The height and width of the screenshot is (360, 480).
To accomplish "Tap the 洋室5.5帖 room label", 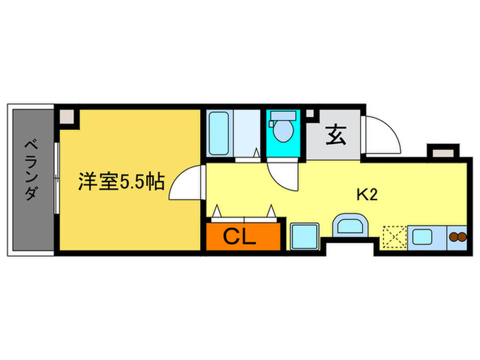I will coord(120,182).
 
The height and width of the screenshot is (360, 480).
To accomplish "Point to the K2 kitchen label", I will coord(368,195).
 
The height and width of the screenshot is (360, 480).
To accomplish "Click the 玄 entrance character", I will coord(334,135).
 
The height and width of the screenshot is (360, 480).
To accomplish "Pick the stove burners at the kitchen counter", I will coord(457,237).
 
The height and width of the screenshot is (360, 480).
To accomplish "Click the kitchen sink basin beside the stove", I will coord(422,237).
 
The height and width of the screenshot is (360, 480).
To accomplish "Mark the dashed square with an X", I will coord(394,237).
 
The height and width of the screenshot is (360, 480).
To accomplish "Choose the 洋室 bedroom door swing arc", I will coord(187,184).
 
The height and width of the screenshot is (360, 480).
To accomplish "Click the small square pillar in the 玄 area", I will coord(310,113).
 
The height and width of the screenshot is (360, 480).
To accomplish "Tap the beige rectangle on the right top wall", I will coord(440,151).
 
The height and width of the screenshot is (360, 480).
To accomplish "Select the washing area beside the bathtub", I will coord(248,133).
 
